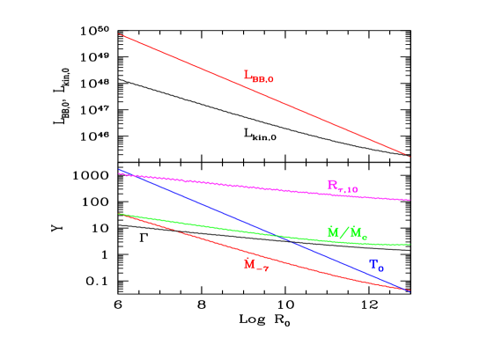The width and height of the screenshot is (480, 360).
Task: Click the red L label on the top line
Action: pyautogui.click(x=258, y=77)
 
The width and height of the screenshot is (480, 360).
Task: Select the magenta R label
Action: pyautogui.click(x=342, y=186)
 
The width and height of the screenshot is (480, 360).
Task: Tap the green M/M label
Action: pyautogui.click(x=347, y=233)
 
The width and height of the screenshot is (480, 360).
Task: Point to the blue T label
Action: pyautogui.click(x=376, y=264)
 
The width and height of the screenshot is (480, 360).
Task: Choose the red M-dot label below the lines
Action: pyautogui.click(x=255, y=265)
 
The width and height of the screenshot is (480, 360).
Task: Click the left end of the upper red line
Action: pyautogui.click(x=118, y=33)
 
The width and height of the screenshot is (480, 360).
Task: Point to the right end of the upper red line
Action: pyautogui.click(x=410, y=157)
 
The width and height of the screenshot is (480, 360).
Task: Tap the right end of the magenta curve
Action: pyautogui.click(x=410, y=200)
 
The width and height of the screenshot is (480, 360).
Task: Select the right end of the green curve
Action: pyautogui.click(x=410, y=245)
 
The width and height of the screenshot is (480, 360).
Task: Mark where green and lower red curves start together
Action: pyautogui.click(x=119, y=214)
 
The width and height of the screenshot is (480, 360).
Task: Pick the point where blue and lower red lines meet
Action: pyautogui.click(x=408, y=290)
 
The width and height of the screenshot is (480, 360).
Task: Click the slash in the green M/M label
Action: pyautogui.click(x=345, y=233)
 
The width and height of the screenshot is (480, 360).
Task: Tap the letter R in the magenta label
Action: pyautogui.click(x=333, y=185)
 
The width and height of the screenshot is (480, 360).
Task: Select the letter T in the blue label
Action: pyautogui.click(x=373, y=263)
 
